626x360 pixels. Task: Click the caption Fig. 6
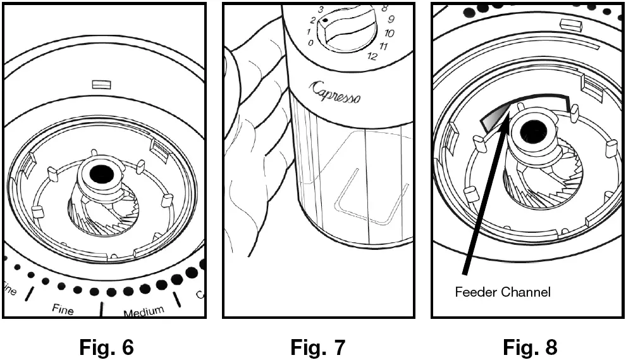[x=106, y=346]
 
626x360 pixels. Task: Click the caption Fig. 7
[x=318, y=346]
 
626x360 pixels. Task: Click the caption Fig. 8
[x=530, y=346]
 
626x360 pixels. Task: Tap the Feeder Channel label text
[x=503, y=292]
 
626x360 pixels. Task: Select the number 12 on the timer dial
[x=372, y=57]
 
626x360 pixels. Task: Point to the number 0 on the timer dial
[x=309, y=43]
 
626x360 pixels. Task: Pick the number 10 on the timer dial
[x=389, y=32]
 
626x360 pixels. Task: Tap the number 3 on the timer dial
[x=321, y=9]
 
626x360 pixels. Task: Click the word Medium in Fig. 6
[x=144, y=311]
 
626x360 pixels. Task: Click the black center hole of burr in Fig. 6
[x=100, y=173]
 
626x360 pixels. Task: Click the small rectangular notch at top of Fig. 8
[x=570, y=24]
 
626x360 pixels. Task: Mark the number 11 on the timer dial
[x=384, y=46]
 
